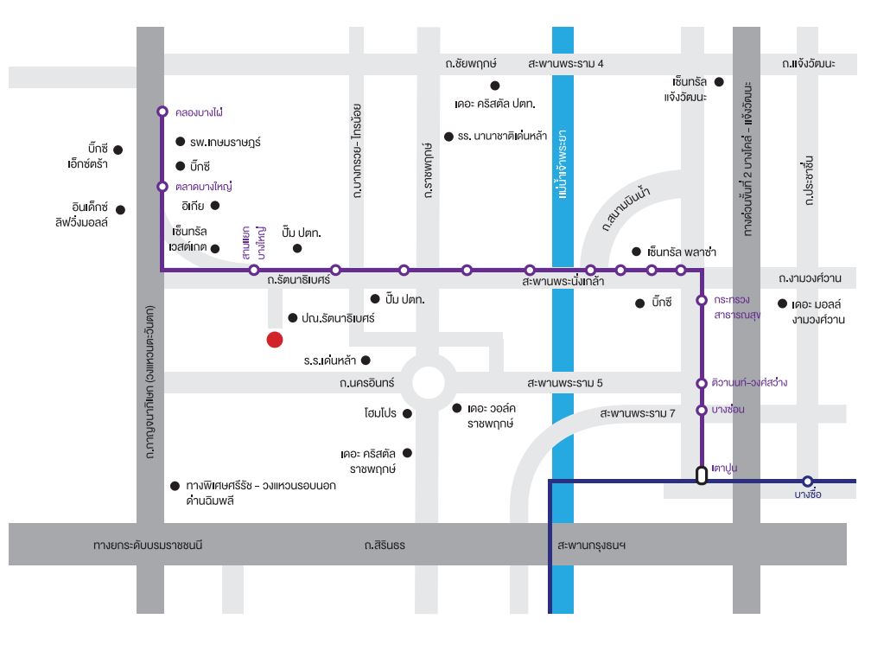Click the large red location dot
[275, 340]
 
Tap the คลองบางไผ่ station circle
[162, 112]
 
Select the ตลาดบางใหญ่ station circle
[162, 187]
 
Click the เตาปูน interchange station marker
[702, 475]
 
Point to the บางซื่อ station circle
[808, 482]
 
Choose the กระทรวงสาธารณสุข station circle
[702, 301]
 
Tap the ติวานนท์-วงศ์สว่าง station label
[749, 382]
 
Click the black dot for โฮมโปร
[407, 413]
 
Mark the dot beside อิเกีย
[215, 206]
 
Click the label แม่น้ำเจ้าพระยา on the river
[563, 164]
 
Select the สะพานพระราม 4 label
[565, 63]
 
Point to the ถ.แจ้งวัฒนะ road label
[808, 63]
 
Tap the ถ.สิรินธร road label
[385, 545]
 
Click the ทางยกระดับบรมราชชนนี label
[148, 545]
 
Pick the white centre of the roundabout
[429, 383]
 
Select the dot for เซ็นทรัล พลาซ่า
[637, 252]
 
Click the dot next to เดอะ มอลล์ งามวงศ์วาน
[782, 303]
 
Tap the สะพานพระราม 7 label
[637, 413]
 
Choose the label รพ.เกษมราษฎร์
[225, 143]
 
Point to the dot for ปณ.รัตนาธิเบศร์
[293, 318]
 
